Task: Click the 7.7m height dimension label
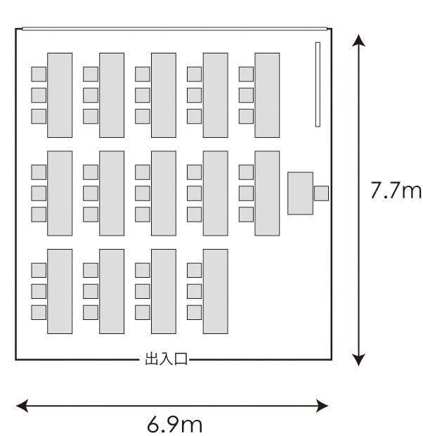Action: pos(396,190)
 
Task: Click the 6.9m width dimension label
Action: pos(174,425)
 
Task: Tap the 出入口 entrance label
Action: pos(167,359)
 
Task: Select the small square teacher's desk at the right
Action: pos(300,193)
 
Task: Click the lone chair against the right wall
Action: pos(321,193)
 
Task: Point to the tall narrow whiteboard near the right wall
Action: pos(318,84)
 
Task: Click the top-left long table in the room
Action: pos(60,95)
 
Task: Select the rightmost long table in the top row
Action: pos(267,95)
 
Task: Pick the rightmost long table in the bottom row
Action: pos(216,291)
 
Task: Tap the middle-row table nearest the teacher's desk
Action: pos(267,193)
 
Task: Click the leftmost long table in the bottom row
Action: pos(60,291)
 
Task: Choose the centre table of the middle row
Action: pos(164,193)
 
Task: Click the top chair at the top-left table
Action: pos(39,74)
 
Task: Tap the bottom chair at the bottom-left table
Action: pos(39,312)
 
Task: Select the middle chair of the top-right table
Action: pos(246,95)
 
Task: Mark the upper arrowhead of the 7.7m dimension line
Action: pos(358,40)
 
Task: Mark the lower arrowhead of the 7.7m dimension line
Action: pos(358,360)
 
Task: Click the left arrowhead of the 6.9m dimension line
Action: pos(22,406)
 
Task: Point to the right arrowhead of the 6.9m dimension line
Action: pos(323,406)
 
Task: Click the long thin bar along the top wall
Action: pos(174,28)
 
